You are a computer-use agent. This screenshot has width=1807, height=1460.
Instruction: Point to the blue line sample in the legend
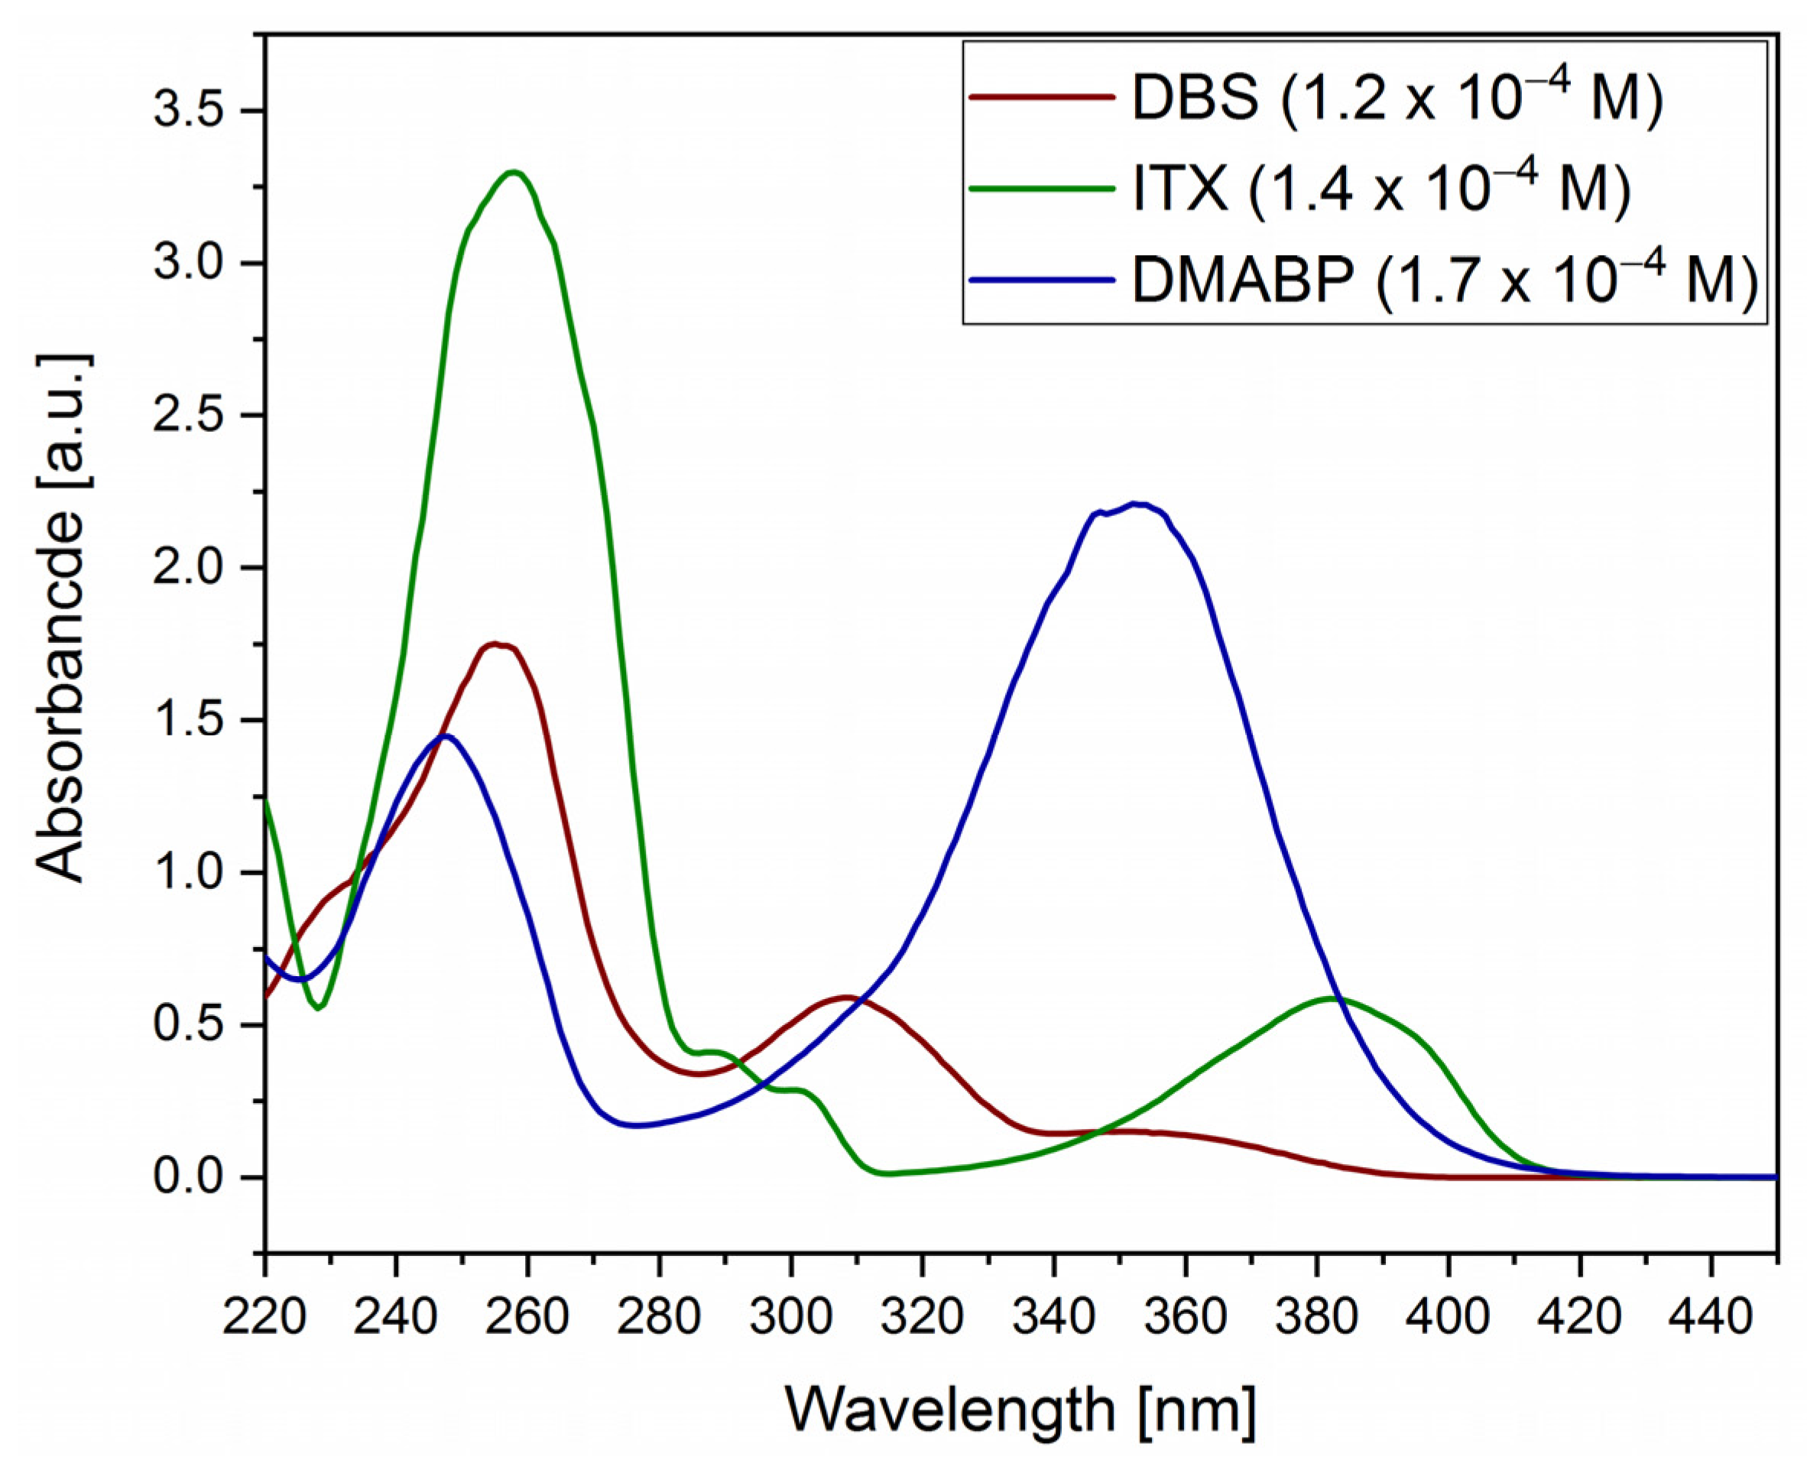[x=1043, y=279]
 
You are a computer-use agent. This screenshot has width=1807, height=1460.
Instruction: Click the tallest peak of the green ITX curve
[x=512, y=173]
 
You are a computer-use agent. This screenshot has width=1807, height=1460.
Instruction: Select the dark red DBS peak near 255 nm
[x=495, y=644]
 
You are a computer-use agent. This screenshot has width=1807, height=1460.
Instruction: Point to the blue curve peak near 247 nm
[x=445, y=736]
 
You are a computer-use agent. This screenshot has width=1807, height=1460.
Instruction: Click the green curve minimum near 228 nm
[x=319, y=1008]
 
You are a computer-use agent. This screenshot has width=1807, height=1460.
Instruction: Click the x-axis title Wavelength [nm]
[x=1020, y=1410]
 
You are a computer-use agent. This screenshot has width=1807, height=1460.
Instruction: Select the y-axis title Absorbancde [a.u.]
[x=63, y=618]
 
